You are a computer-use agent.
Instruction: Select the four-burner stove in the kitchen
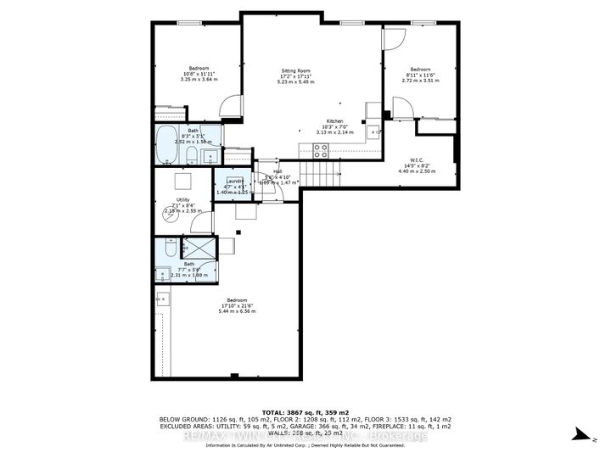click(322, 150)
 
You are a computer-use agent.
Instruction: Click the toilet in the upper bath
click(191, 154)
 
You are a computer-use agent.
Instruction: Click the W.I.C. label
click(416, 165)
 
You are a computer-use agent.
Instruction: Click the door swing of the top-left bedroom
click(227, 105)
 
